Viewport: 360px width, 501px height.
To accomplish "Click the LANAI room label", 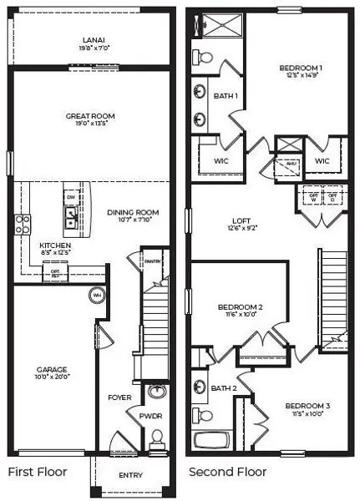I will tap(93, 39).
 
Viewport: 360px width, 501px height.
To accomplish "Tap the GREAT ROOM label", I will tap(89, 115).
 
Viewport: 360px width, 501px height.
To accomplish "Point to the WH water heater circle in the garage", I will tap(96, 295).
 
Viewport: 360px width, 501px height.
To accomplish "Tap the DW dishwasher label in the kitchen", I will tap(71, 196).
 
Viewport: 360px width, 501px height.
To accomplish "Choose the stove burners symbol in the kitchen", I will tap(23, 224).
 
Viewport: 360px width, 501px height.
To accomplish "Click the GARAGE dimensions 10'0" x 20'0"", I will tap(52, 378).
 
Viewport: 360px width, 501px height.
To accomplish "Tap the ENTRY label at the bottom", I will tap(131, 475).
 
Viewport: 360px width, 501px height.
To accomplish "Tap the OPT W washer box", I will tap(313, 195).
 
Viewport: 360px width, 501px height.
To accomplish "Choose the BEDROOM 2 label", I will tap(240, 306).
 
